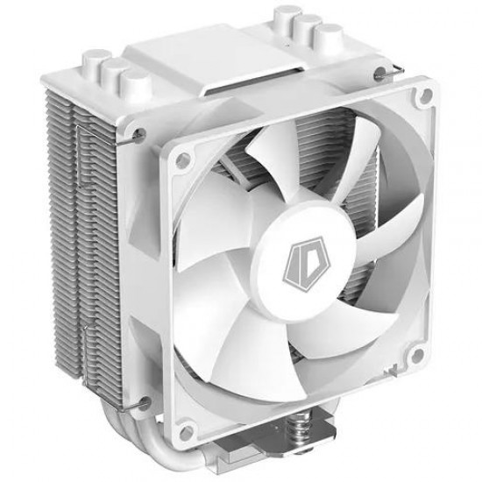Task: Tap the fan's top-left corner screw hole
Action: [183, 158]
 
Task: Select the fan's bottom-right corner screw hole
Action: [417, 353]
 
